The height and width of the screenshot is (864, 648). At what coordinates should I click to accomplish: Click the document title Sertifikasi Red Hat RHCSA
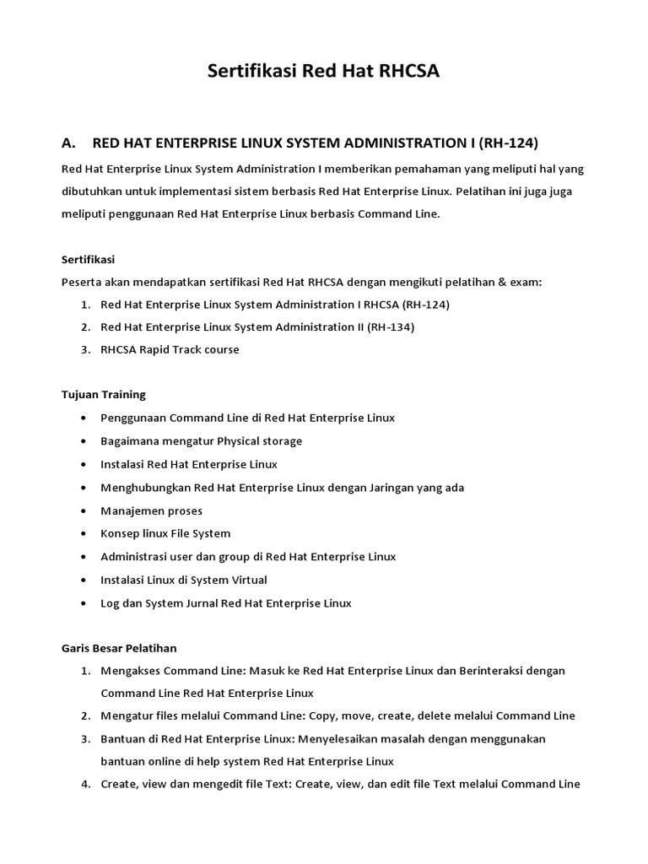point(324,73)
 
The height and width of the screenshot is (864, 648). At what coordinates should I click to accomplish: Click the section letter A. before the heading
point(70,142)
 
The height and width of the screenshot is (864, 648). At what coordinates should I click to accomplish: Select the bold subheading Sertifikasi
point(88,259)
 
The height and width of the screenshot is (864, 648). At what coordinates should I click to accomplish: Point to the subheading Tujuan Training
point(104,394)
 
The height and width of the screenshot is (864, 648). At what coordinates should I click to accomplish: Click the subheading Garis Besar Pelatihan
point(119,648)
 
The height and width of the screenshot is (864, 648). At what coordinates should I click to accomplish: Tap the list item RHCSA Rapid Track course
point(170,349)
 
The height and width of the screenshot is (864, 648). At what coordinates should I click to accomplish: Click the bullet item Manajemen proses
point(151,510)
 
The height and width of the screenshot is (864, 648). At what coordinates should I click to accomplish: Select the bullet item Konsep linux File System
point(165,533)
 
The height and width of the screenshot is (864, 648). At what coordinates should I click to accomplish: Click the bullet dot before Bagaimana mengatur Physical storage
point(82,441)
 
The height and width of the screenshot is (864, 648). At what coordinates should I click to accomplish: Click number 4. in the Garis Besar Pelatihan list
point(85,784)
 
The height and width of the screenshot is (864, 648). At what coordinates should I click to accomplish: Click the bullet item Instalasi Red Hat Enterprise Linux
point(188,464)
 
